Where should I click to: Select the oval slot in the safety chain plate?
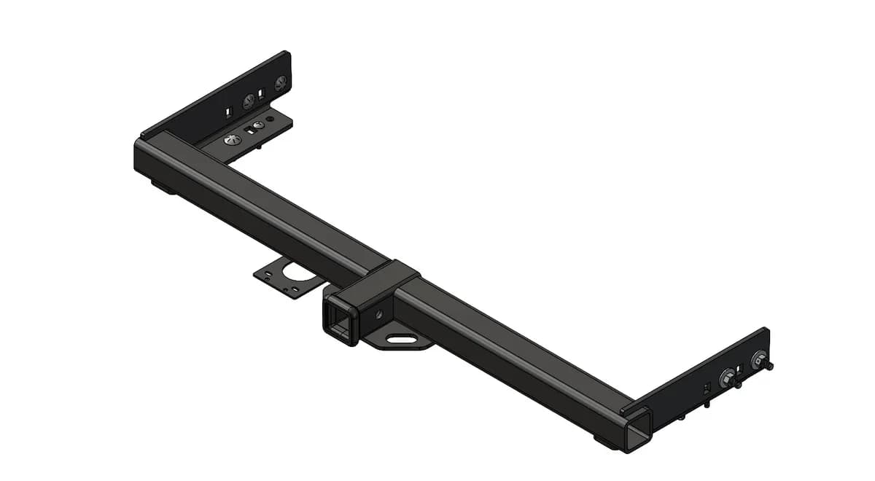400,339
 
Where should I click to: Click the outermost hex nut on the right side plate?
760,359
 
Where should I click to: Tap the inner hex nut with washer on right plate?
727,378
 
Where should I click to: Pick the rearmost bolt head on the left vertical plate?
280,83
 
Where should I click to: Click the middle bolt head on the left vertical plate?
249,101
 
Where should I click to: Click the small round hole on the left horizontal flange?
270,118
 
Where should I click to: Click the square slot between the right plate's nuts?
744,369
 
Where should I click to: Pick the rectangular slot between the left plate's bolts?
260,94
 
